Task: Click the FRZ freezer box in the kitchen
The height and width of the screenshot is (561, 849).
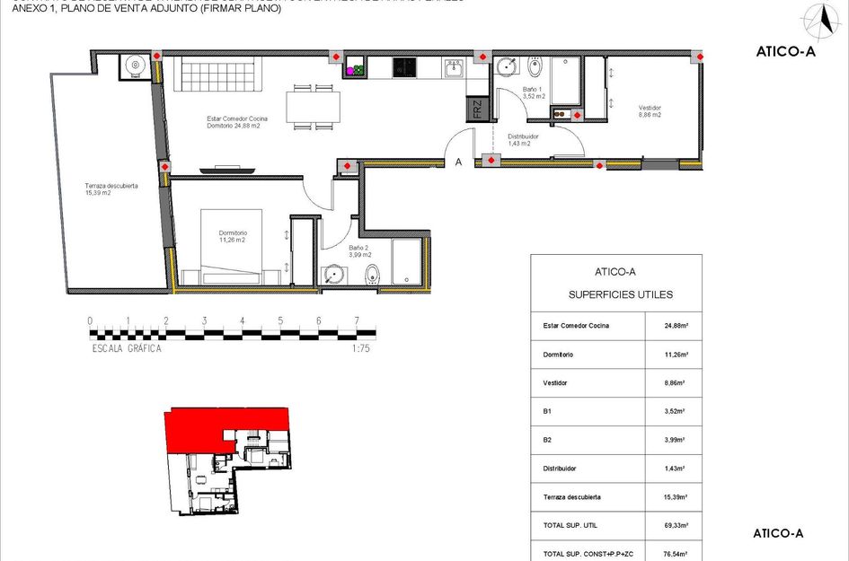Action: tap(477, 110)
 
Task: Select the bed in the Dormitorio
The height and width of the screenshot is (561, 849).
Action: tap(231, 248)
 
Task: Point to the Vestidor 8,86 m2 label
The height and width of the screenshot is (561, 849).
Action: tap(649, 111)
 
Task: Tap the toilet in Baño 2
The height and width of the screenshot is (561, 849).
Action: tap(373, 275)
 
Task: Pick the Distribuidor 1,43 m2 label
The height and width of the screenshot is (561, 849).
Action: tap(523, 139)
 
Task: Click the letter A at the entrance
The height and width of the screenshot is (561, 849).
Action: tap(458, 162)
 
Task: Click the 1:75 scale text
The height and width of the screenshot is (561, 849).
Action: tap(362, 349)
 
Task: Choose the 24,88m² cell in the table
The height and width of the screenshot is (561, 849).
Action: tap(675, 325)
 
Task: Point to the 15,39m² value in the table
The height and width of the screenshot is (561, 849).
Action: tap(675, 497)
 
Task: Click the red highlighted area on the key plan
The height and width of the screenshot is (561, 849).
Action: tap(225, 428)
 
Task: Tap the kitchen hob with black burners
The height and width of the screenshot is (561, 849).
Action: tap(405, 66)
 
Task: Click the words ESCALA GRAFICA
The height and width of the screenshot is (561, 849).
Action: tap(127, 349)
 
